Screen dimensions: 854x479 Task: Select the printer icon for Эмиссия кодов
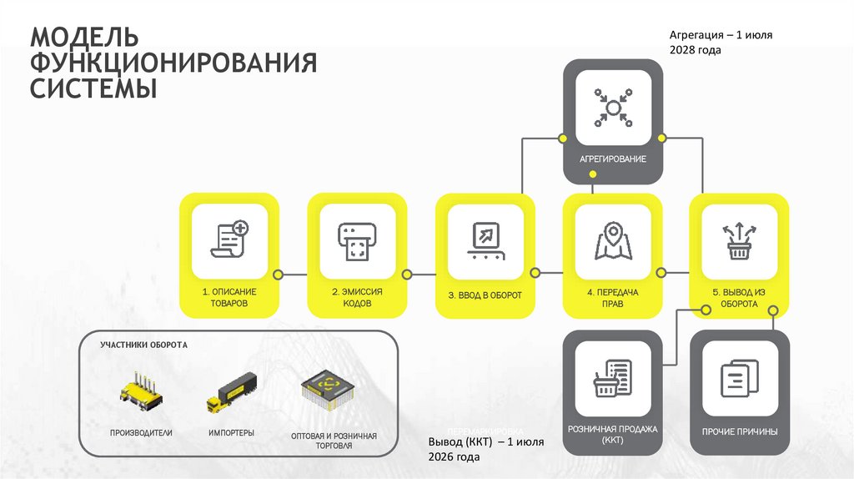pyautogui.click(x=356, y=239)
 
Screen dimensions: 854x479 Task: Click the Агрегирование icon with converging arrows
pyautogui.click(x=613, y=106)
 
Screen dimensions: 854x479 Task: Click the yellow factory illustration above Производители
pyautogui.click(x=140, y=393)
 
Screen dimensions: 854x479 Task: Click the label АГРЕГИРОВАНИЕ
pyautogui.click(x=613, y=159)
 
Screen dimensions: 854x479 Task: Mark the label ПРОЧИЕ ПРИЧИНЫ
pyautogui.click(x=740, y=432)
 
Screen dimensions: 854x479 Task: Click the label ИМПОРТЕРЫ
pyautogui.click(x=232, y=432)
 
